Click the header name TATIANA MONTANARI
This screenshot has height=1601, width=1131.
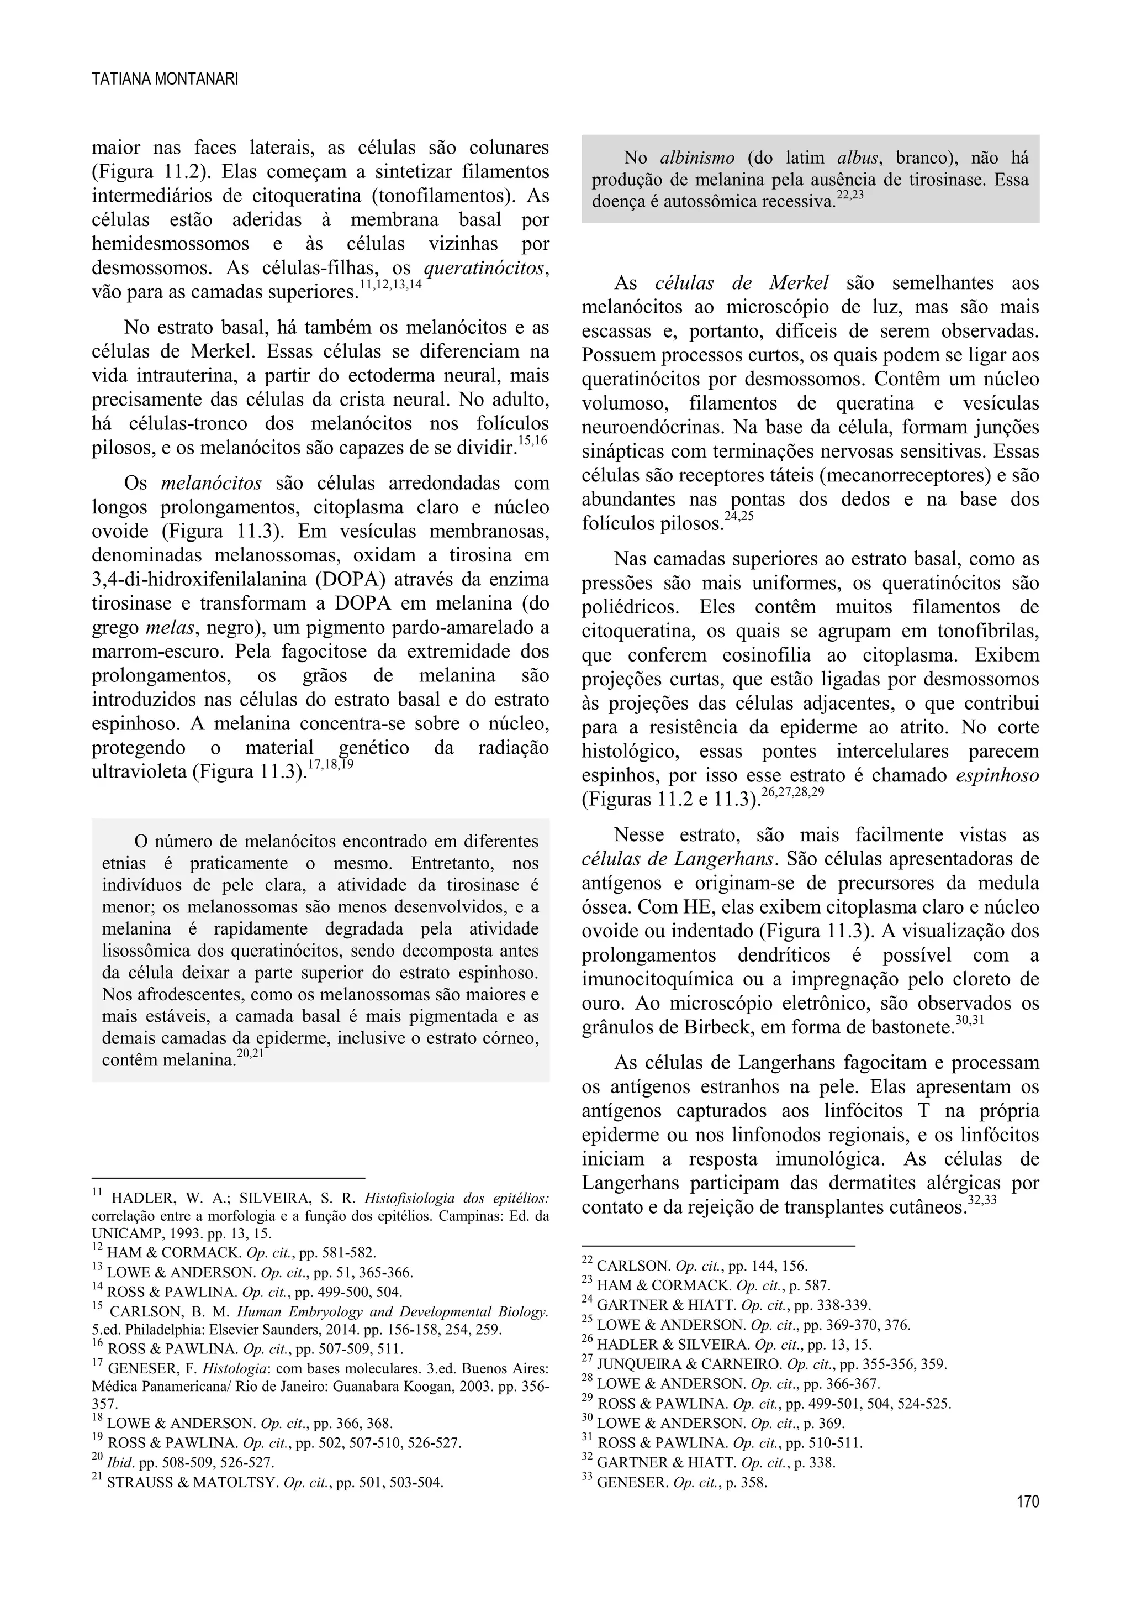[x=165, y=80]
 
